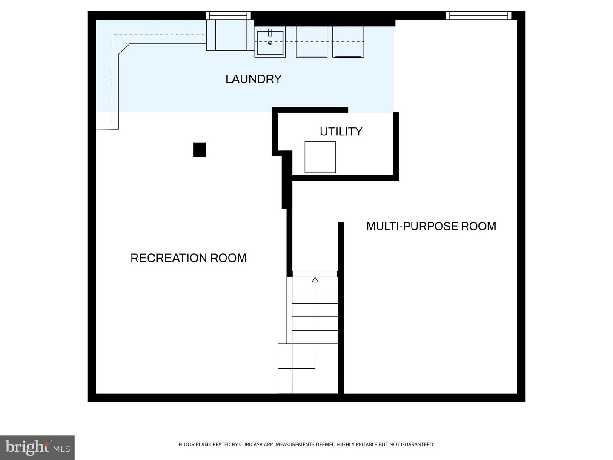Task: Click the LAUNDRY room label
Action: [x=253, y=79]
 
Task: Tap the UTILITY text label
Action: [x=341, y=132]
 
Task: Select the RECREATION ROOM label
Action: [x=188, y=258]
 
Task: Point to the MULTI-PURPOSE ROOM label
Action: [x=431, y=226]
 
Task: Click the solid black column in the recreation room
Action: [x=200, y=149]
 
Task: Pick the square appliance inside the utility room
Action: [x=320, y=157]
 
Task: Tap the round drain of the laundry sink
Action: [x=270, y=43]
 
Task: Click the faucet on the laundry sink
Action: [x=270, y=33]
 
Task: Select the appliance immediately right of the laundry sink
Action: [x=311, y=42]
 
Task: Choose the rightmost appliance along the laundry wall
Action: [x=348, y=42]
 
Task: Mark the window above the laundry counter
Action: [x=228, y=16]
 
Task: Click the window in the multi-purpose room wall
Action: [x=478, y=16]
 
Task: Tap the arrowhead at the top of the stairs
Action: [x=315, y=280]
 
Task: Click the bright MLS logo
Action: [x=37, y=447]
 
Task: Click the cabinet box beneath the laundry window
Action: [x=231, y=35]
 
